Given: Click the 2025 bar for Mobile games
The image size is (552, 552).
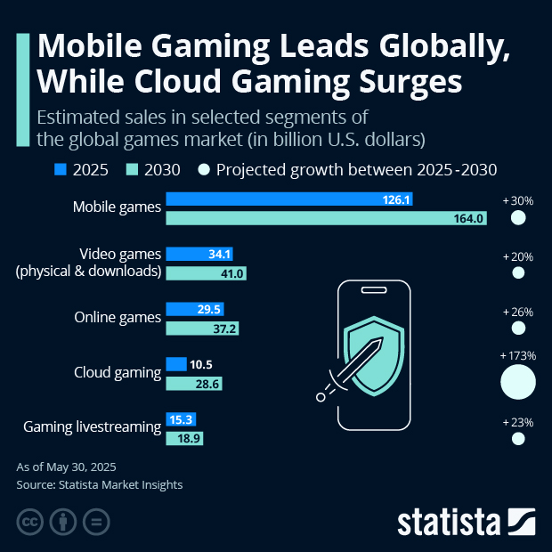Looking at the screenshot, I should tap(288, 200).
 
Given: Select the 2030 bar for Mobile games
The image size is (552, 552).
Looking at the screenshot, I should tap(326, 217).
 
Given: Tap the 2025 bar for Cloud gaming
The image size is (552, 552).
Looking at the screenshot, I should tap(175, 364).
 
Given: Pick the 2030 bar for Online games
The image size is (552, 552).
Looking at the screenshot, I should tap(202, 329).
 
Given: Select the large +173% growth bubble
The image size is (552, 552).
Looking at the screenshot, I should tap(518, 382).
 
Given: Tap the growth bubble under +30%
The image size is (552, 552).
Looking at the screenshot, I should tap(518, 218).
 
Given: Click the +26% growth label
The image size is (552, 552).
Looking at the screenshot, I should tap(517, 313).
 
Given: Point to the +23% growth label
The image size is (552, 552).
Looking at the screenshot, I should tap(517, 423).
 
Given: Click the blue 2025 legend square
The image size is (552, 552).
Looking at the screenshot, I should tap(61, 169).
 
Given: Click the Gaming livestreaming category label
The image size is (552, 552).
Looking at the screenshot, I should tap(92, 427).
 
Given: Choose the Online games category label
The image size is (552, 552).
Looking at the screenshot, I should tap(117, 316).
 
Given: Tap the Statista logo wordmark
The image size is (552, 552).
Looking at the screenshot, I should tap(450, 521).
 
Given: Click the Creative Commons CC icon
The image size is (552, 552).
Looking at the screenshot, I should tap(30, 521).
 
